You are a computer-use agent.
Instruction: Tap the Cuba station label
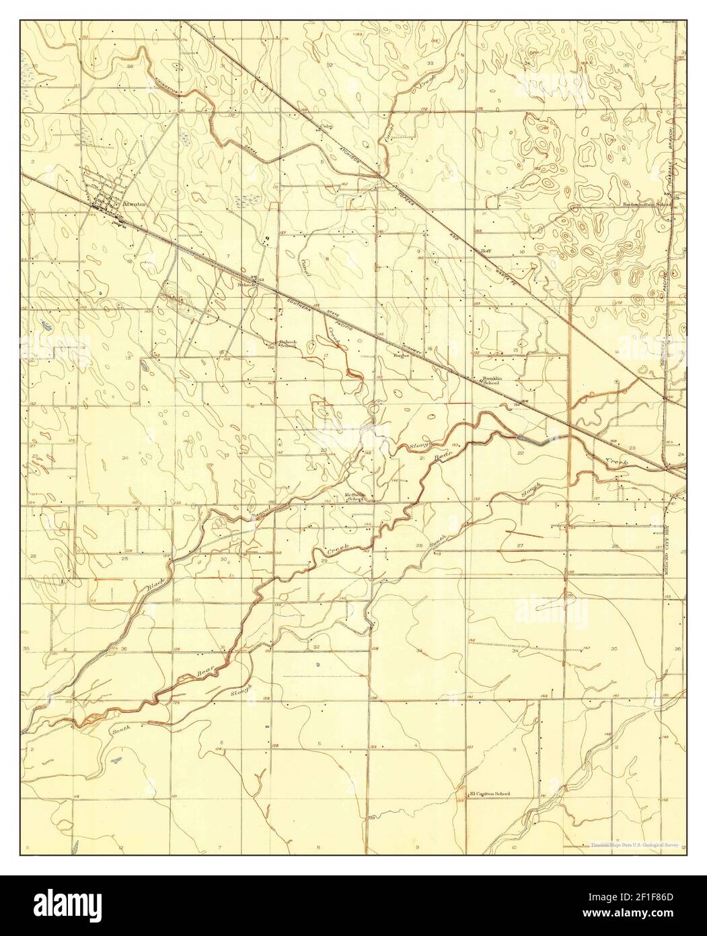pos(327,125)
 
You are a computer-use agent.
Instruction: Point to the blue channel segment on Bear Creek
pos(535,440)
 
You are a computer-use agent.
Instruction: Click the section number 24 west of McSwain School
pos(125,458)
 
